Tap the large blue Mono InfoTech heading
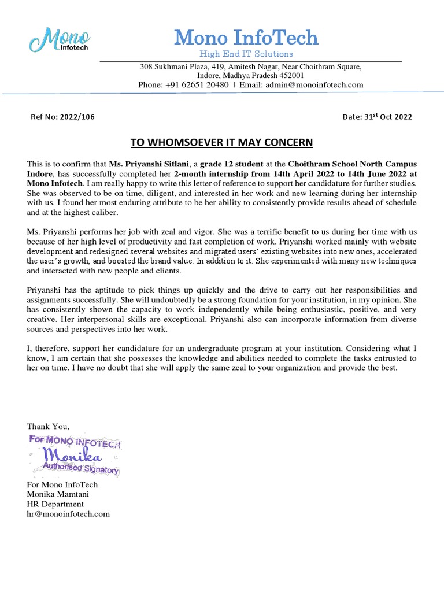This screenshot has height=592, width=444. pos(246,38)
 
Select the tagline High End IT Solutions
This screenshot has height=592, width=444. pos(246,54)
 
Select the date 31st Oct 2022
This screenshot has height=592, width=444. pos(388,117)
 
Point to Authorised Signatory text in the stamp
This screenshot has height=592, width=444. pos(81,468)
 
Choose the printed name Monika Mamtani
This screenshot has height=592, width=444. pos(58,494)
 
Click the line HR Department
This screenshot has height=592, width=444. pos(55,504)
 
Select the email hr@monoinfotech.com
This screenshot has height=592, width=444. pos(68,513)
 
